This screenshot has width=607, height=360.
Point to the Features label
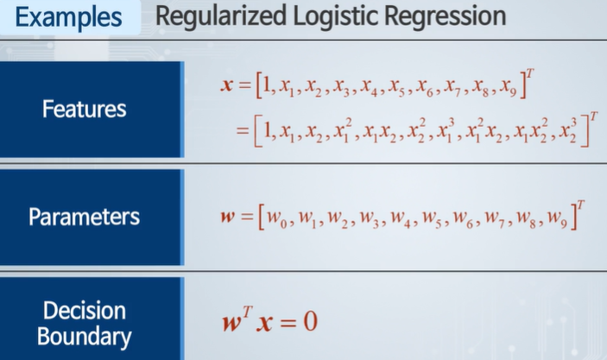click(x=85, y=110)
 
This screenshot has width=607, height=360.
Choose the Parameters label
click(x=85, y=216)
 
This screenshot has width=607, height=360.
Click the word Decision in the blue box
click(x=85, y=310)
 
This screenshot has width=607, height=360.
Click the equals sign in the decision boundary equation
click(x=287, y=322)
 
